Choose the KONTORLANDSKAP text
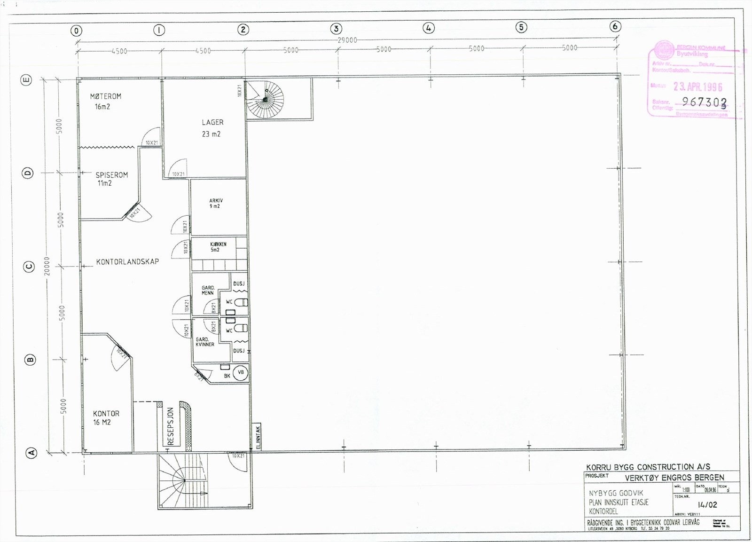pyautogui.click(x=127, y=262)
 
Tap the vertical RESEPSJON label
pyautogui.click(x=171, y=426)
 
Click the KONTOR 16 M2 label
pyautogui.click(x=106, y=418)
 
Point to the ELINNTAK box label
pyautogui.click(x=258, y=437)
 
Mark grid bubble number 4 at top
pyautogui.click(x=428, y=28)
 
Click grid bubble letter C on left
pyautogui.click(x=29, y=267)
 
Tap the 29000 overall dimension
pyautogui.click(x=347, y=40)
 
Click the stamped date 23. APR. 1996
pyautogui.click(x=697, y=86)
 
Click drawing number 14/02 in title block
pyautogui.click(x=707, y=505)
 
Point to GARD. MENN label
pyautogui.click(x=208, y=290)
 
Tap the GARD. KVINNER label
pyautogui.click(x=205, y=342)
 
